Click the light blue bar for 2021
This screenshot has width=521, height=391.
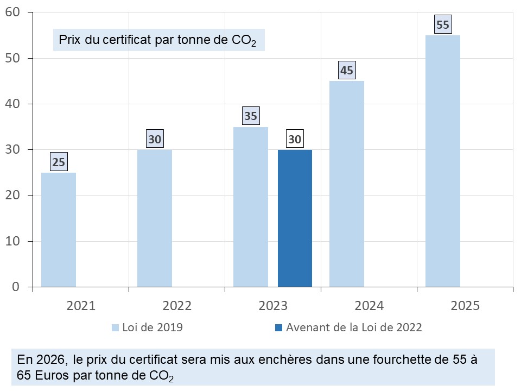click(59, 229)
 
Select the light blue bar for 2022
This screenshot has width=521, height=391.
click(155, 218)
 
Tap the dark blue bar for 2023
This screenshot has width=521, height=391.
click(295, 218)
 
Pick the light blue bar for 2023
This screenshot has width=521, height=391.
click(251, 206)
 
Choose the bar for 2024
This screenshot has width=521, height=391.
click(347, 184)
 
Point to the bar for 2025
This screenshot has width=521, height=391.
click(443, 161)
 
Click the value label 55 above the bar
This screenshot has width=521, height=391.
click(443, 24)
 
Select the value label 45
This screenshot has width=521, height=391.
click(347, 71)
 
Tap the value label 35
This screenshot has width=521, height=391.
click(251, 116)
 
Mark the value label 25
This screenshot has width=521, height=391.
click(59, 162)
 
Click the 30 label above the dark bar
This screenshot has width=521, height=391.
click(295, 140)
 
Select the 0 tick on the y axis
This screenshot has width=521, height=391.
click(16, 287)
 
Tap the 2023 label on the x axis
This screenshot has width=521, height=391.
click(273, 306)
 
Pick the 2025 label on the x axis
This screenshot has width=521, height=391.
click(465, 306)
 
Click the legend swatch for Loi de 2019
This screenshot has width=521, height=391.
click(115, 327)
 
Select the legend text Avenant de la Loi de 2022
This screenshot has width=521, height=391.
click(354, 327)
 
